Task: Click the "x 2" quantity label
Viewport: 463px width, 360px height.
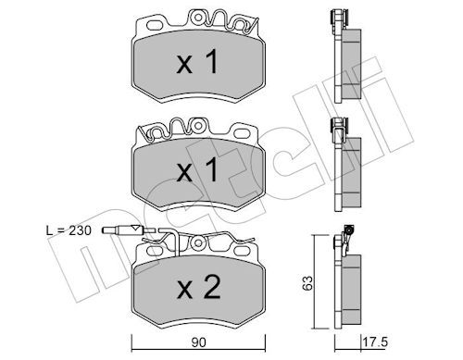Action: click(198, 287)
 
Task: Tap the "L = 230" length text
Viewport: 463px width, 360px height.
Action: click(69, 230)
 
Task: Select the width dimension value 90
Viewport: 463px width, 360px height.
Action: click(198, 342)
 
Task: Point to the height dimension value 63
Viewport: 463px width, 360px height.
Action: click(307, 283)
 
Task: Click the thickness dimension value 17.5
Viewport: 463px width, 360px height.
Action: click(375, 342)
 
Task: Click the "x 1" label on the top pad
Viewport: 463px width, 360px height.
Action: click(197, 62)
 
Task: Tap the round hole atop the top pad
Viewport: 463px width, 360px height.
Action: click(198, 18)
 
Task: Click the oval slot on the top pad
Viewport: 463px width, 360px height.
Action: click(156, 25)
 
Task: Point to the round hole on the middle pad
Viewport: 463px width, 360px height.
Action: click(198, 126)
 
